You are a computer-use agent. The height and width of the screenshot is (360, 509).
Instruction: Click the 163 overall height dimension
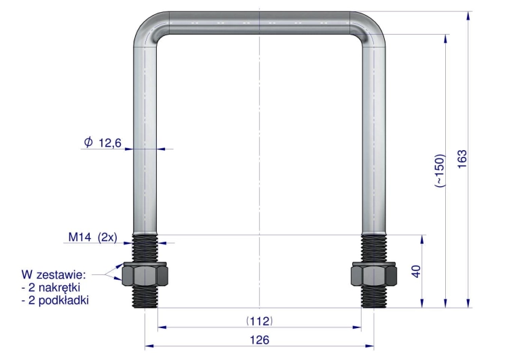coord(462,159)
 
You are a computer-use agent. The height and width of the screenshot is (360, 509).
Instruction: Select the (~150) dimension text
coord(439,170)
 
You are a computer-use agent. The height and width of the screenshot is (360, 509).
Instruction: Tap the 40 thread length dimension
coord(416,271)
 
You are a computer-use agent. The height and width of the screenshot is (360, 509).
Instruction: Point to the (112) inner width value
coord(259,321)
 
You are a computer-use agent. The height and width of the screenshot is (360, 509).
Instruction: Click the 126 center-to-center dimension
coord(259,340)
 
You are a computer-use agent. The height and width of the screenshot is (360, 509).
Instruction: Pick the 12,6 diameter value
coord(110,143)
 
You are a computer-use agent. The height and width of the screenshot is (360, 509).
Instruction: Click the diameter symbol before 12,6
coord(88,142)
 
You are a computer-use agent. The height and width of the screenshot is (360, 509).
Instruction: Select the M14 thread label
coord(80,237)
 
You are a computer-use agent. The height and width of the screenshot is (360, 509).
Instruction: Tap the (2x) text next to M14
coord(107,238)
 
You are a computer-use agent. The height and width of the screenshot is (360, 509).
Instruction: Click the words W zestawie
coord(54,275)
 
